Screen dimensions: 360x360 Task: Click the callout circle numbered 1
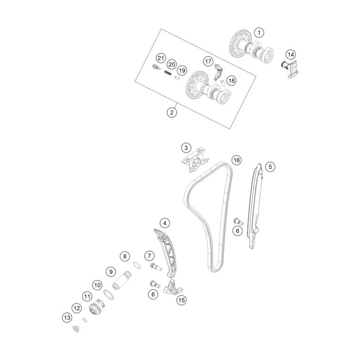pos(259,32)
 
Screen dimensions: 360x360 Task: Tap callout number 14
pos(291,55)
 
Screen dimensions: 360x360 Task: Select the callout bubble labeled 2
pos(172,112)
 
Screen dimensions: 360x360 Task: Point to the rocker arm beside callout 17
pos(217,73)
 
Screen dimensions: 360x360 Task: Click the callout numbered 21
pos(161,58)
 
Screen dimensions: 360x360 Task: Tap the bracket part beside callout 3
pos(195,160)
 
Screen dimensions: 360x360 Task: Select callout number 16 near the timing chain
pos(236,160)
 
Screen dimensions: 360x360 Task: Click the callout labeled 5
pos(270,167)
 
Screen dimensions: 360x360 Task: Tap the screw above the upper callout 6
pos(238,221)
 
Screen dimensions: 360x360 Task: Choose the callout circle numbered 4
pos(165,223)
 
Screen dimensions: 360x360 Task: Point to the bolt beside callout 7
pos(156,267)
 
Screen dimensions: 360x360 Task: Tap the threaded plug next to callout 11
pos(96,307)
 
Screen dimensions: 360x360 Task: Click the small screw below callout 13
pos(76,329)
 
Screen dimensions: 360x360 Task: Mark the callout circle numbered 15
pos(181,300)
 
